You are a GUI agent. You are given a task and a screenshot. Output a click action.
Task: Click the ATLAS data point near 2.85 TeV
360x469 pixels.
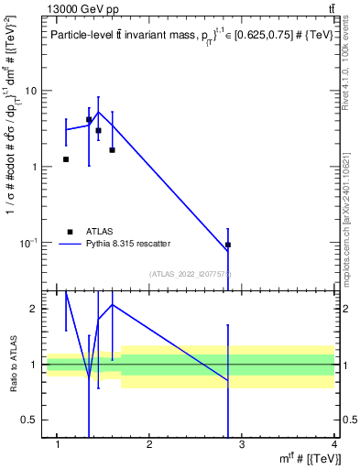pyautogui.click(x=228, y=245)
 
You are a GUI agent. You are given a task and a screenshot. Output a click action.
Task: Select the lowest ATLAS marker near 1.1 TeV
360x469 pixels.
pyautogui.click(x=66, y=159)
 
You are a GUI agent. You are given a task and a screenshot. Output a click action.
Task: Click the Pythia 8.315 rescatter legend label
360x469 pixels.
pyautogui.click(x=128, y=244)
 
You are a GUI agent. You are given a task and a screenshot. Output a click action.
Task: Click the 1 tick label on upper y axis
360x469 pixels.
pyautogui.click(x=34, y=167)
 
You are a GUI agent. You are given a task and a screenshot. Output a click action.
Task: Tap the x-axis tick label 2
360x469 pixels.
pyautogui.click(x=149, y=446)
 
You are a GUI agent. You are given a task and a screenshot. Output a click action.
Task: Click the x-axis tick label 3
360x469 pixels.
pyautogui.click(x=242, y=446)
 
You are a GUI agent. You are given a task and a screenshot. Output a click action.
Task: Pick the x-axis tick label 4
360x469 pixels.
pyautogui.click(x=334, y=446)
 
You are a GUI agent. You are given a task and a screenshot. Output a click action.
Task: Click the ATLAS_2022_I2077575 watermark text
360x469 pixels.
pyautogui.click(x=189, y=273)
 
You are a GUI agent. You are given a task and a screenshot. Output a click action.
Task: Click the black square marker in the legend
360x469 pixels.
pyautogui.click(x=70, y=232)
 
